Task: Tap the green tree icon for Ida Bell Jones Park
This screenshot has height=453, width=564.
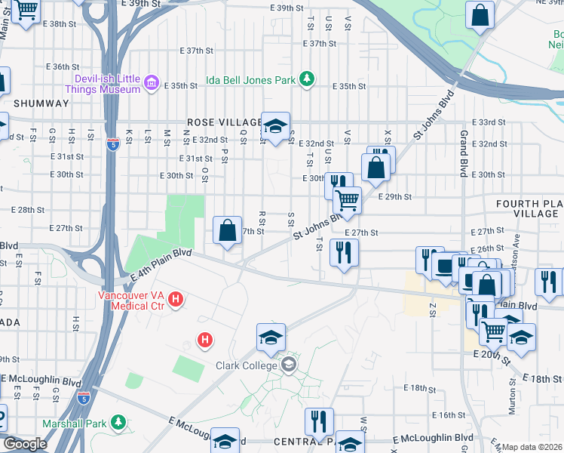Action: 307,79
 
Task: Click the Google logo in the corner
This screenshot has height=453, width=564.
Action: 25,444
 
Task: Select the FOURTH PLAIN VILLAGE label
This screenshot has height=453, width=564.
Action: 528,209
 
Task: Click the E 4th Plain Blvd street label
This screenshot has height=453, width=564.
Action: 160,264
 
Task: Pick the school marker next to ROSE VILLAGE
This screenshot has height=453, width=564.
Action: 275,124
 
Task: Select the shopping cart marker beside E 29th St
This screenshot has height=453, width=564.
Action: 347,200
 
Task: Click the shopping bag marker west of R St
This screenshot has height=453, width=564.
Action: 227,230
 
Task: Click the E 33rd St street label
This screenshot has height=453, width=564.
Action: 488,122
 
